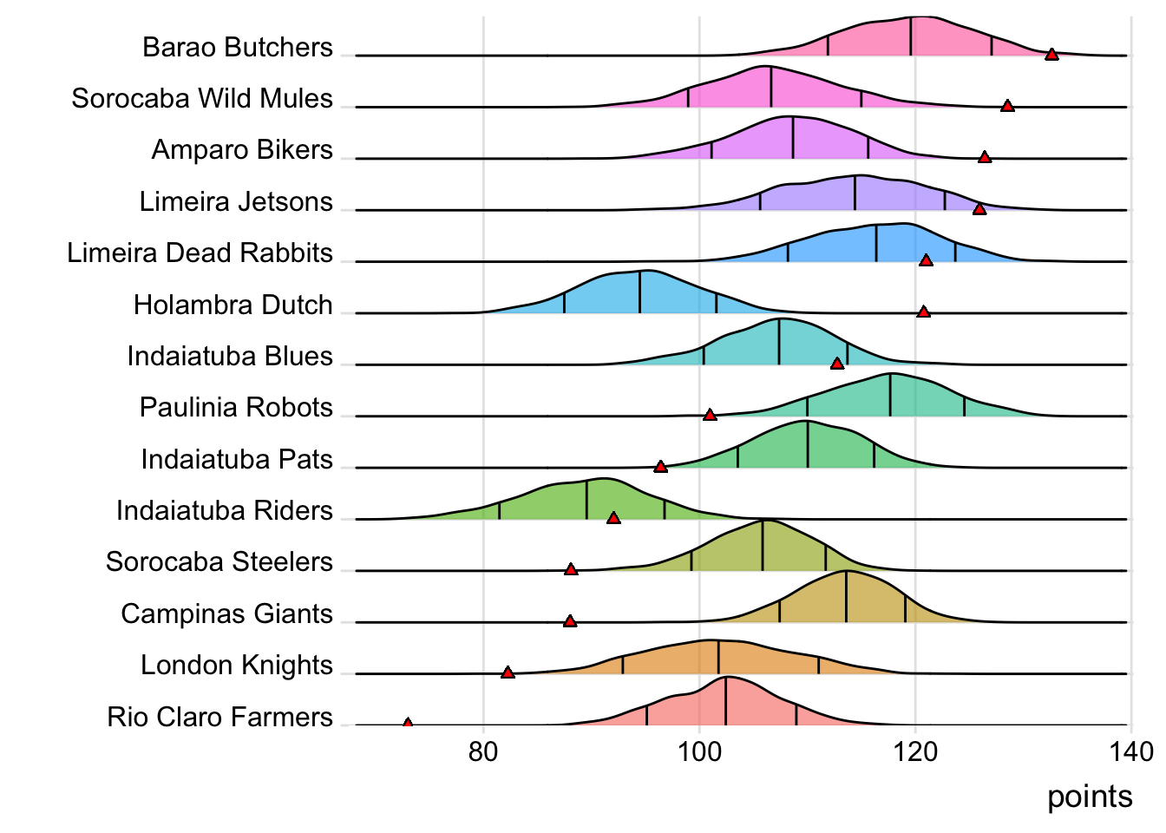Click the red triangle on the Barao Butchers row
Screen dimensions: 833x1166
point(1051,55)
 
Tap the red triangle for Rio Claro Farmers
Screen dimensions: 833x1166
point(408,723)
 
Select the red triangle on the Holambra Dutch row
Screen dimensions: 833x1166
point(924,312)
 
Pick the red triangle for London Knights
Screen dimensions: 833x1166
point(508,672)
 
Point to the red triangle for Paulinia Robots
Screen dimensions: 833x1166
point(710,415)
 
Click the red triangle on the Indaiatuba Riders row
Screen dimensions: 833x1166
point(613,518)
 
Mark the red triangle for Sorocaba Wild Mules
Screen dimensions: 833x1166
point(1007,106)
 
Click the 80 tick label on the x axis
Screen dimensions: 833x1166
point(483,751)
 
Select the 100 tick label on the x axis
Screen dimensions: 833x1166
point(699,751)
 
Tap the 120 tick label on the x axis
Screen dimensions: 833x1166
point(915,751)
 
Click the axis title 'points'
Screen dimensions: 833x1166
point(1090,797)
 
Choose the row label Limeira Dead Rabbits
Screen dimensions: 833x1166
point(200,253)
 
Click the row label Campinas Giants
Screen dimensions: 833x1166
point(227,613)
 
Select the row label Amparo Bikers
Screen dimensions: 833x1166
point(242,149)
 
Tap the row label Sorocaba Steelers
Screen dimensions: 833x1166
point(219,561)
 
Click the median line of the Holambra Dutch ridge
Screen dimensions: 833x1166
point(640,292)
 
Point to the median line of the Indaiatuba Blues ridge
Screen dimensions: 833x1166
point(779,342)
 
